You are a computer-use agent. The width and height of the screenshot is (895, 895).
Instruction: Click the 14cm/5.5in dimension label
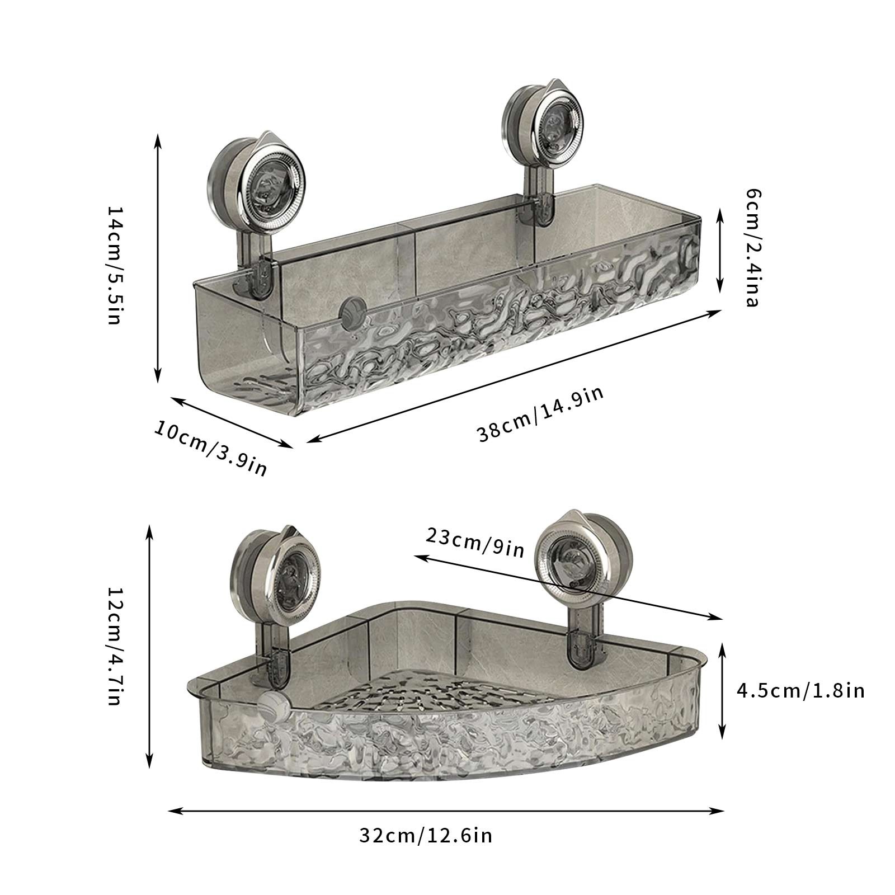tap(114, 265)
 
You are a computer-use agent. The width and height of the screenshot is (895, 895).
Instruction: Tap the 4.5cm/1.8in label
tap(800, 690)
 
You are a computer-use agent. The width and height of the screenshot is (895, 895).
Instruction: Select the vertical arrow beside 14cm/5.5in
tap(158, 257)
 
